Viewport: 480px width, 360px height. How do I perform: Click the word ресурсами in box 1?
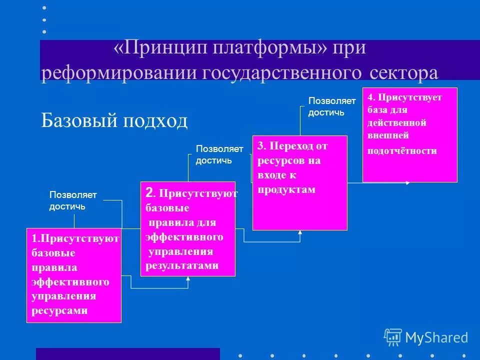[x=59, y=310]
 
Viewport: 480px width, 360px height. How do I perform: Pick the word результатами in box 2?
[x=182, y=265]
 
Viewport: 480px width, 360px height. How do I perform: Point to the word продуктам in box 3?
[x=287, y=189]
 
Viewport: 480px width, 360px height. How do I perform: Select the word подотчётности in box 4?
[x=402, y=150]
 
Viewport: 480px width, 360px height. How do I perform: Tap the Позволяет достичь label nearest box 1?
[x=72, y=200]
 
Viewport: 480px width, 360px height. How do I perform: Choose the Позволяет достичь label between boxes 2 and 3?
[x=219, y=154]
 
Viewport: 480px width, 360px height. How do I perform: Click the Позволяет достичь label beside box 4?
[x=331, y=106]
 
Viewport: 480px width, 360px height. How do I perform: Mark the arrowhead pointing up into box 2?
[x=188, y=279]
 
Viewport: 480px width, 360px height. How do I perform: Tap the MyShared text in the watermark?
[x=436, y=337]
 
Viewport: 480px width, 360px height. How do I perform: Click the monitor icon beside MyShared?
[x=393, y=337]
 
